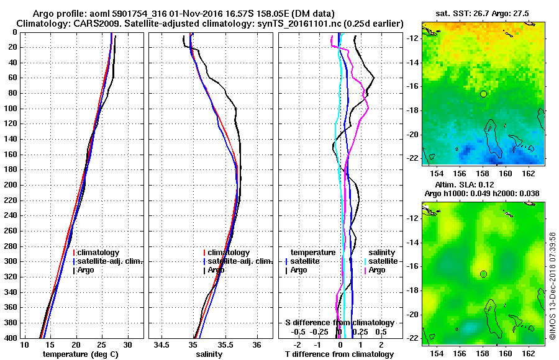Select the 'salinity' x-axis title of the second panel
coord(209,354)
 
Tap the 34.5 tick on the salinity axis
coord(163,344)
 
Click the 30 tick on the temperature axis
coord(127,344)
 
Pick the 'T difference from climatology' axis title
coord(339,354)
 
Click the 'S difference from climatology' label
coord(339,323)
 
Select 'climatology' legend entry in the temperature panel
coord(99,253)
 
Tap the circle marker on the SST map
coord(483,94)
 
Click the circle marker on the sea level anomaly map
coord(483,274)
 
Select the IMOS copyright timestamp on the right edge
coord(553,289)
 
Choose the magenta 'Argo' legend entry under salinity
coord(377,270)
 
